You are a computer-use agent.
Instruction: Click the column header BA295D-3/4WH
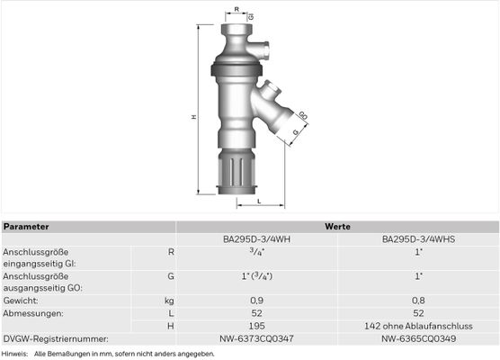pyautogui.click(x=256, y=239)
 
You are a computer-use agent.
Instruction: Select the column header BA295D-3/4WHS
pyautogui.click(x=418, y=239)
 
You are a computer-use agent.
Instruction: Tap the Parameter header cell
pyautogui.click(x=26, y=227)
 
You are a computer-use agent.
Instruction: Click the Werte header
pyautogui.click(x=337, y=227)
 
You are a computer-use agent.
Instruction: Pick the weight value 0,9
pyautogui.click(x=256, y=301)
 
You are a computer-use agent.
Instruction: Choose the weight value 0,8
pyautogui.click(x=418, y=301)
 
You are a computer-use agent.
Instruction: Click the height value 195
pyautogui.click(x=256, y=326)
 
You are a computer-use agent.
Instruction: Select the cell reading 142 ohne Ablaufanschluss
pyautogui.click(x=418, y=326)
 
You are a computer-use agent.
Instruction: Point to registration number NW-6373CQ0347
pyautogui.click(x=256, y=338)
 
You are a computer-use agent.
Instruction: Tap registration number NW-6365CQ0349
pyautogui.click(x=418, y=338)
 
